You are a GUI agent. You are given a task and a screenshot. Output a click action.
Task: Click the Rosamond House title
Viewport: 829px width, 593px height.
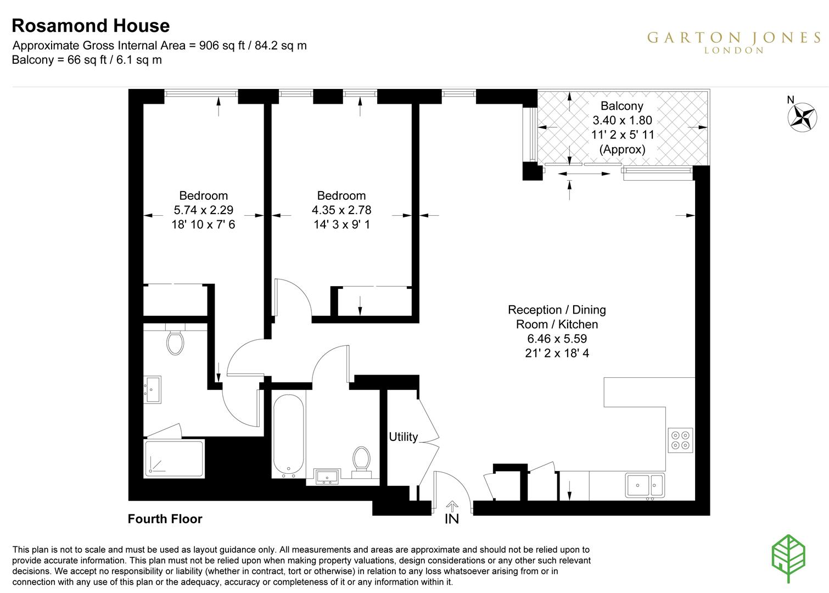(91, 26)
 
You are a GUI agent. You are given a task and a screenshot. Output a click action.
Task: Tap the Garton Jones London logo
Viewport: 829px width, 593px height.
(733, 42)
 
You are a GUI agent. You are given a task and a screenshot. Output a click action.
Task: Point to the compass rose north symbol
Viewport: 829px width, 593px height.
(802, 116)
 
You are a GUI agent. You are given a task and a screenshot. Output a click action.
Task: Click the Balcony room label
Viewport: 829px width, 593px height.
(621, 106)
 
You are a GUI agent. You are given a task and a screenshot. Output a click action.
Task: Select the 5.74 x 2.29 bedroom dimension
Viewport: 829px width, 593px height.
(203, 210)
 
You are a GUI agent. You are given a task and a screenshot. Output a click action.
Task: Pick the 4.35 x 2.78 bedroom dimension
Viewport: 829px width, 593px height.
(341, 210)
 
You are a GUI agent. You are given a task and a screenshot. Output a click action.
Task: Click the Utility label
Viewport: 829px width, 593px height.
(403, 437)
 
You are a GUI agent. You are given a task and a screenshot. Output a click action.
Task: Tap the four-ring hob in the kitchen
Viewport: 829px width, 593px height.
(680, 440)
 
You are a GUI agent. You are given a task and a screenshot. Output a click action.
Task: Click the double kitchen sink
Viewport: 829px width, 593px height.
(645, 485)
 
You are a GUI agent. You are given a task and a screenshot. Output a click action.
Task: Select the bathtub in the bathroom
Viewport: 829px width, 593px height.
(288, 437)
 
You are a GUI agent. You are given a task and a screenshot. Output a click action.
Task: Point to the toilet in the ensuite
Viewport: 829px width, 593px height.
(175, 343)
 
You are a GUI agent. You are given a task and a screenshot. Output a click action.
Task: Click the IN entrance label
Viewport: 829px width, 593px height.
(451, 519)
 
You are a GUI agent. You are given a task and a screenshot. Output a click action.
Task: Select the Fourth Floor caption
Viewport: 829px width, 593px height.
(165, 519)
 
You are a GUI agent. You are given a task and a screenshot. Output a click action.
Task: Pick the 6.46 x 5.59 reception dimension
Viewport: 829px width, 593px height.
(556, 339)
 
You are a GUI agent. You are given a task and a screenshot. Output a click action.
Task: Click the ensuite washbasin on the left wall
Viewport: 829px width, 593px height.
(152, 390)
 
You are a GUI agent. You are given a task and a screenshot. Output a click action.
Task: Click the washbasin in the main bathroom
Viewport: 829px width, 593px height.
(328, 477)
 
